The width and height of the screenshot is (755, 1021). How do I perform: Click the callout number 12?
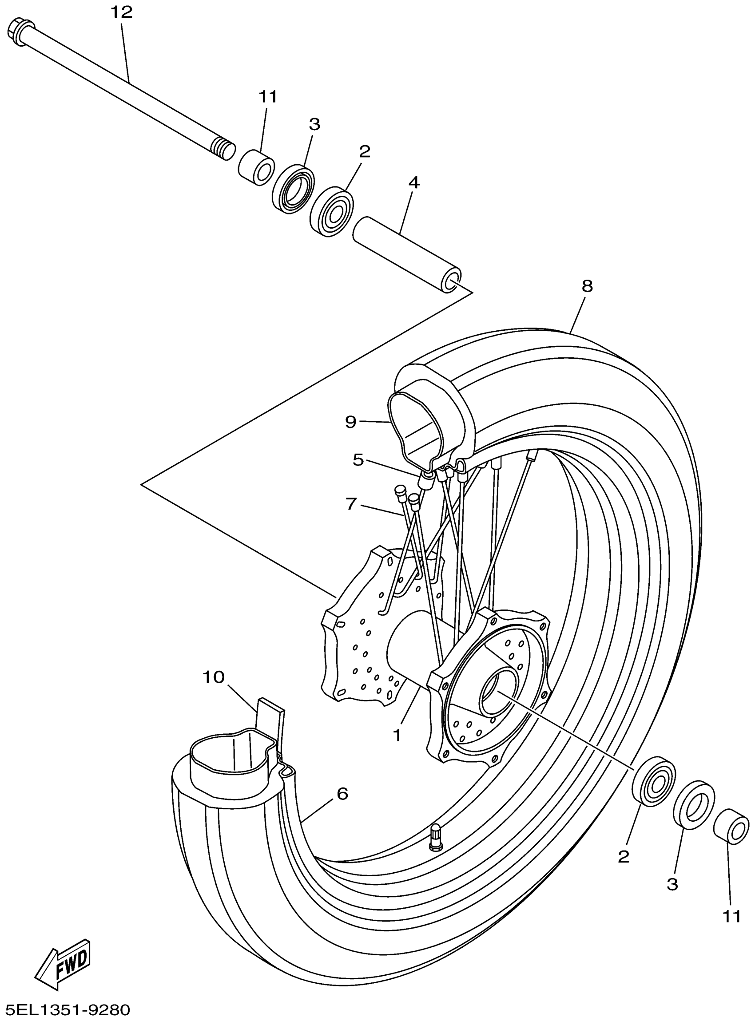pos(122,12)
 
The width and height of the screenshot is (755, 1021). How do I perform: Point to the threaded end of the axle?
pos(224,150)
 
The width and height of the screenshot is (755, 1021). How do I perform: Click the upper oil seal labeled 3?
pos(294,189)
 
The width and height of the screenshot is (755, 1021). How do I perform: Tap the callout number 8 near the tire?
pos(587,286)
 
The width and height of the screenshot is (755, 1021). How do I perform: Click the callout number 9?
pos(350,422)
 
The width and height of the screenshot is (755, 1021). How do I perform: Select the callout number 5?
pos(358,460)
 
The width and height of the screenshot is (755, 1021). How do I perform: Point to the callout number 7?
pos(351,504)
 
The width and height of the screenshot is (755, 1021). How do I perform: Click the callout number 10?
pos(214,677)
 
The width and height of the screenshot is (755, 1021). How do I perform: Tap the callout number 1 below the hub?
pos(397,735)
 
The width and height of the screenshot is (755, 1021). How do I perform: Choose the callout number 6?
pos(342,794)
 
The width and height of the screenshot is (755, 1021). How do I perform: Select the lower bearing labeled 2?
pos(654,781)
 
